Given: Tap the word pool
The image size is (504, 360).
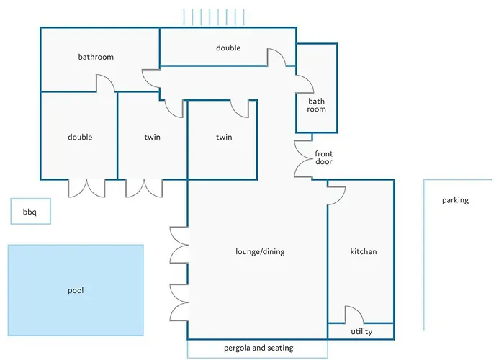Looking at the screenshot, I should (76, 291).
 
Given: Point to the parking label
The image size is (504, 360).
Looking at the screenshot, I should (455, 200).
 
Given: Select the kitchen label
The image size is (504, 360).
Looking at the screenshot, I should (364, 251).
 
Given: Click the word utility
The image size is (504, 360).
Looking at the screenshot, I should (361, 332).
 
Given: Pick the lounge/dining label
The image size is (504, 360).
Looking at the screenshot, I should (260, 251).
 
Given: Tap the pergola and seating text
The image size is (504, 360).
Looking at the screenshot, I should (258, 348).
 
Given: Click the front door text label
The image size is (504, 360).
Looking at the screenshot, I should (324, 158).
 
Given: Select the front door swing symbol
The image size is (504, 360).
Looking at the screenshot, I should (302, 158).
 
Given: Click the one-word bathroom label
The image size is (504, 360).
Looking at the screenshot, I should (96, 57).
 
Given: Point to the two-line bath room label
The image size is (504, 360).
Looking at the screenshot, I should (317, 105).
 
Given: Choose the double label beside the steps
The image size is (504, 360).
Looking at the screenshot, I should (228, 48).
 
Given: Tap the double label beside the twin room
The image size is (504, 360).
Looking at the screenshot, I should (80, 137).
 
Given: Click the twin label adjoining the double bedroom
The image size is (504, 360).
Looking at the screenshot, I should (152, 137).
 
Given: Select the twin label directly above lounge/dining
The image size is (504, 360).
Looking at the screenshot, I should (224, 137).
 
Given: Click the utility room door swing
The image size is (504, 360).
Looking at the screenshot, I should (354, 315).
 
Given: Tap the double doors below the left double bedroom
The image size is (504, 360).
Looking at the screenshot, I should (86, 187).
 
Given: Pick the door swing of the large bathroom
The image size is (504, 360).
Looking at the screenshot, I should (107, 82).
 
